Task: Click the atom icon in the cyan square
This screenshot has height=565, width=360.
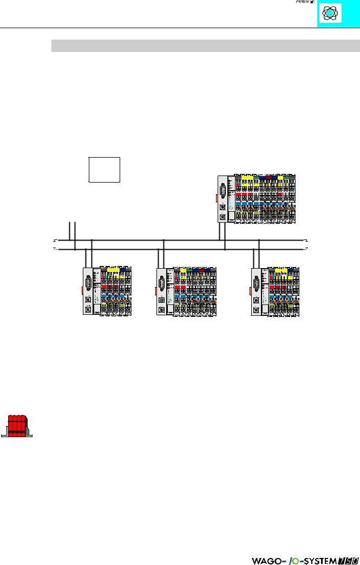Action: pos(330,14)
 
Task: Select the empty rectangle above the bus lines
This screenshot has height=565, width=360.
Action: pos(103,170)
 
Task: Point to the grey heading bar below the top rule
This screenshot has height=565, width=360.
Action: pos(206,46)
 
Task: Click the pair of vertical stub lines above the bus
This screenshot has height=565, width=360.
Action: pos(72,230)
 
